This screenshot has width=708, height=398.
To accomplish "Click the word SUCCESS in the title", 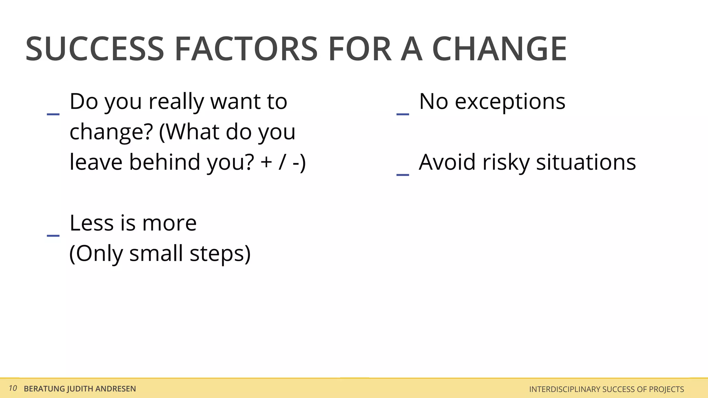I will pos(94,49).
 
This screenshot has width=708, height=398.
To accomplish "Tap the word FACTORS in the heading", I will pos(246,49).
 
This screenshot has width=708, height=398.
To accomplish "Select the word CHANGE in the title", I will pos(499,49).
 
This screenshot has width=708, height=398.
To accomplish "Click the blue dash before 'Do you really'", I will pos(53,114).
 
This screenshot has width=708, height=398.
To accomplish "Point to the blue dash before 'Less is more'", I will pos(53,235).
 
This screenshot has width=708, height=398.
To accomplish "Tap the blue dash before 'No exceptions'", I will pos(403,114).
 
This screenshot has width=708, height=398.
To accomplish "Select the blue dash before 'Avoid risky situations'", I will pos(403,175).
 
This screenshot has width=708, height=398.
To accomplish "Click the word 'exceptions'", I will pos(510,102).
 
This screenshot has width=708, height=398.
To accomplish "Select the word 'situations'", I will pos(586,162).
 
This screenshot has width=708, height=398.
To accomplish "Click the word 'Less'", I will pos(92,223).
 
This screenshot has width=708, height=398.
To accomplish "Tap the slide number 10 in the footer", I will pos(13,388).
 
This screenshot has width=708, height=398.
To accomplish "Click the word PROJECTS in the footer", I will pos(666,389).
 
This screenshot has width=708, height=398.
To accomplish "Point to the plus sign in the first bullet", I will pos(267,162).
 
